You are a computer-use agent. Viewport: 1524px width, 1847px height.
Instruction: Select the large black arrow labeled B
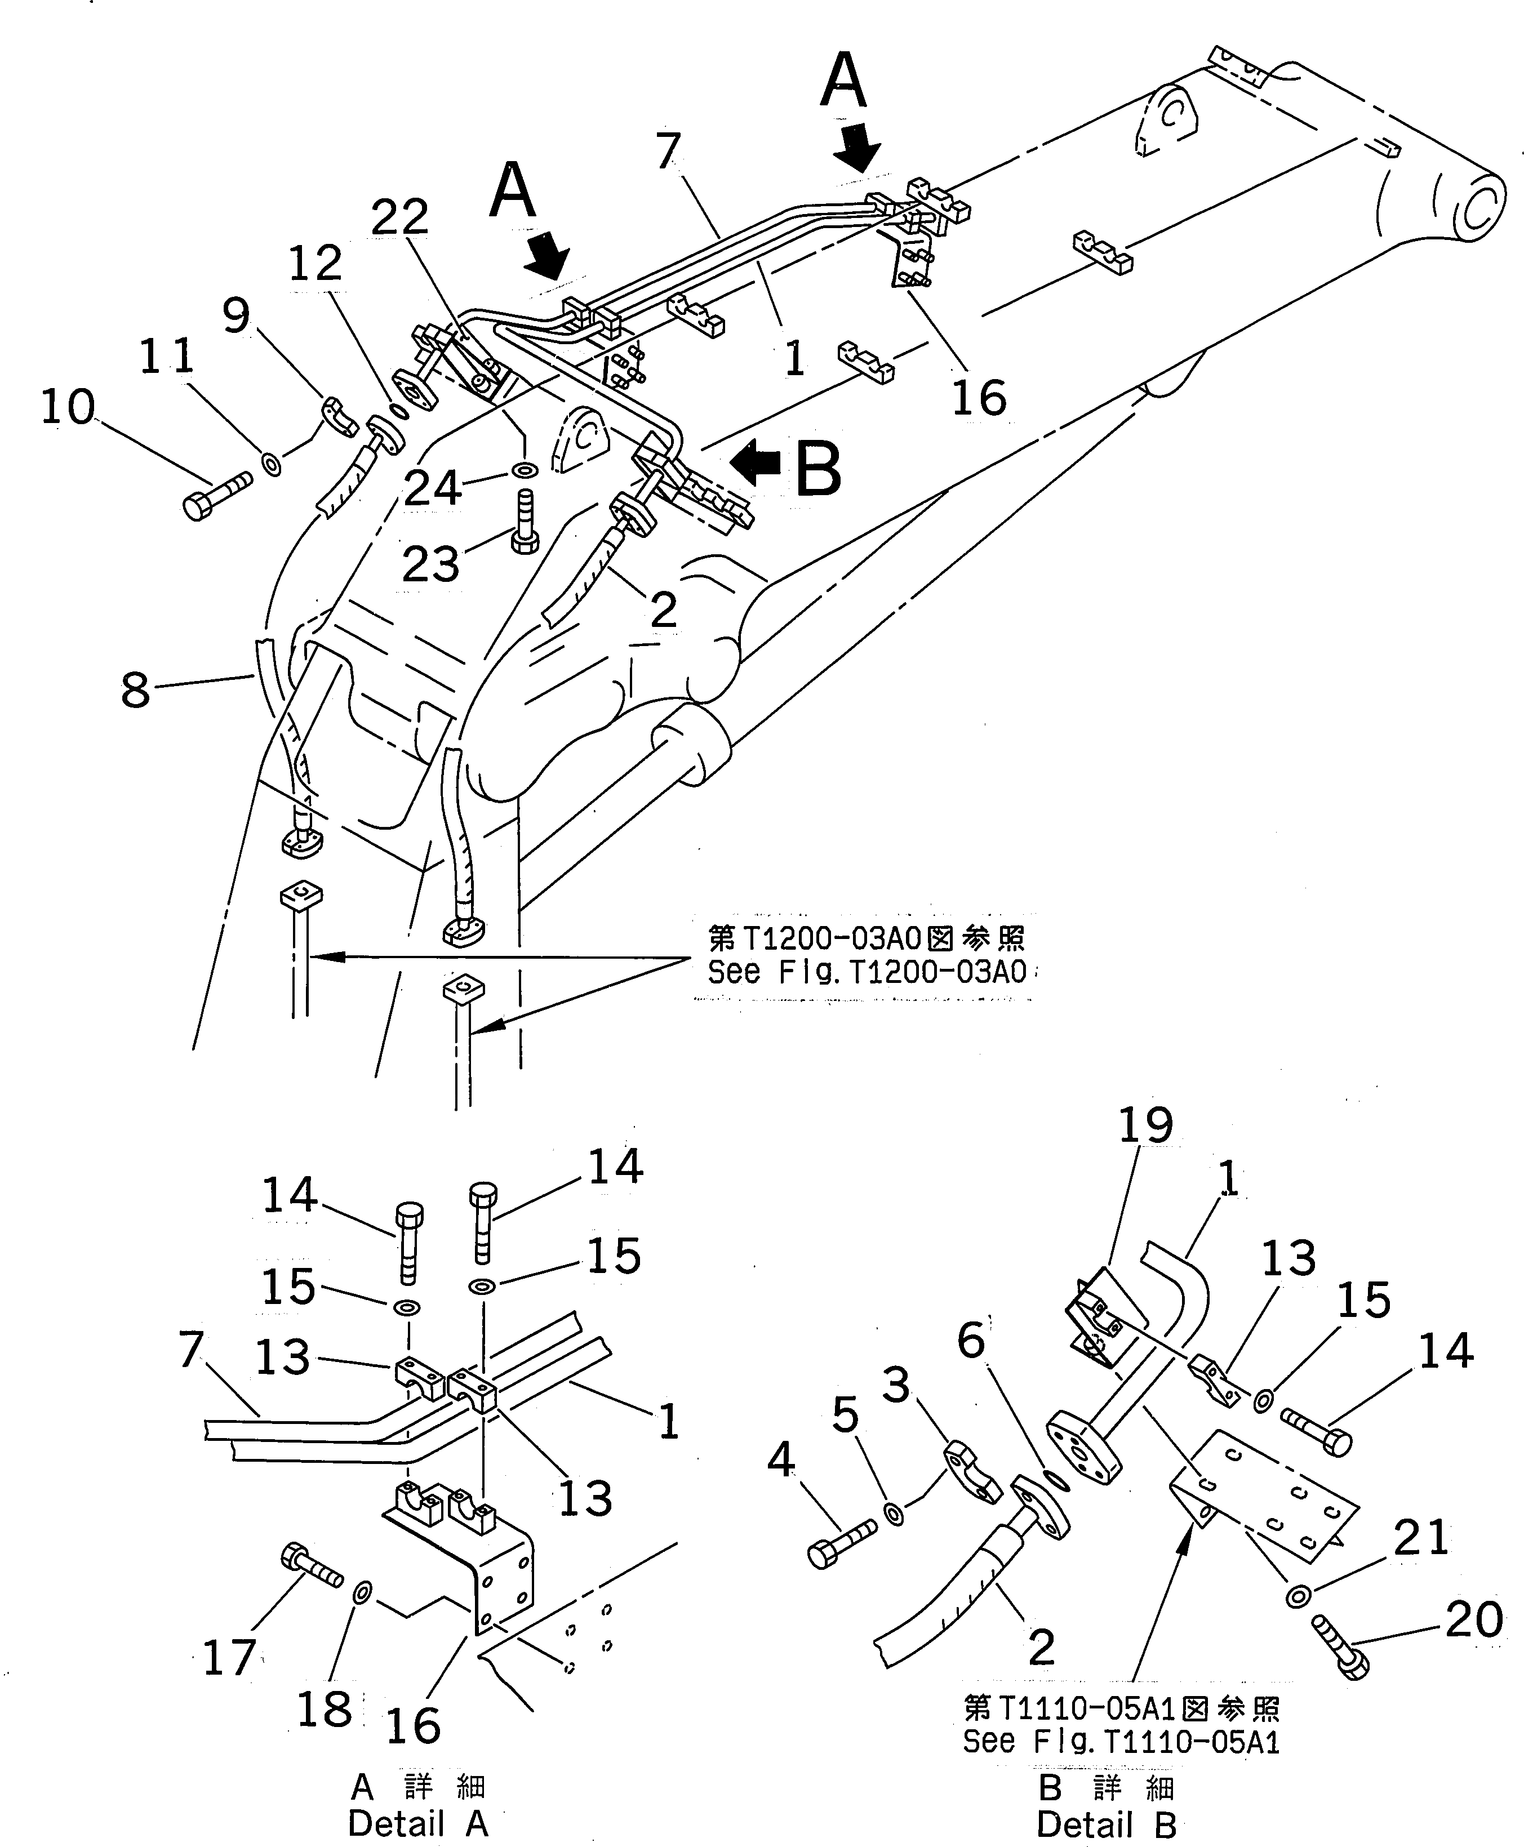click(756, 464)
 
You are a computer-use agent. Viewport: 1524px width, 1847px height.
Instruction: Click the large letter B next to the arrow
click(818, 470)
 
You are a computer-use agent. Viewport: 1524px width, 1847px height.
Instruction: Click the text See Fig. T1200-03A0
click(867, 973)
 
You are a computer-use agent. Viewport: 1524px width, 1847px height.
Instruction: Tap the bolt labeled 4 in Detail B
click(840, 1546)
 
